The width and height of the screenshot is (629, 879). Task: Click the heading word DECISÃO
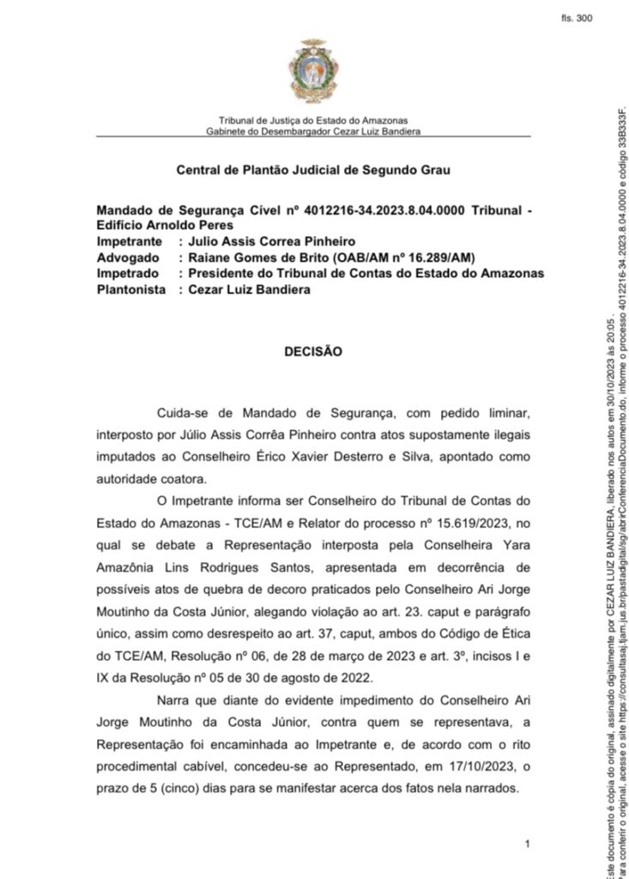(313, 351)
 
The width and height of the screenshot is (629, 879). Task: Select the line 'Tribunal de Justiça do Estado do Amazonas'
(313, 120)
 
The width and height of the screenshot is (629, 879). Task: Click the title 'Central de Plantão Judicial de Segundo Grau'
(313, 170)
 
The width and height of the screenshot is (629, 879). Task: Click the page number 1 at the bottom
(526, 846)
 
